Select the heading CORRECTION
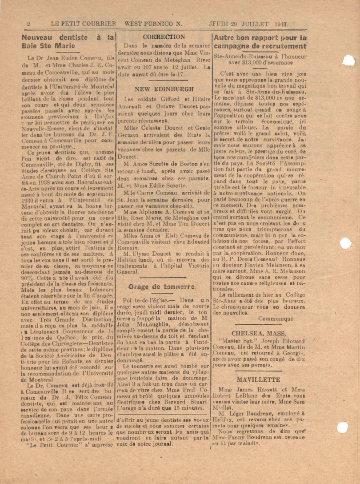(x=164, y=37)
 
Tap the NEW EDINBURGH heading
(x=164, y=89)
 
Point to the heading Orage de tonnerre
(x=162, y=286)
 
